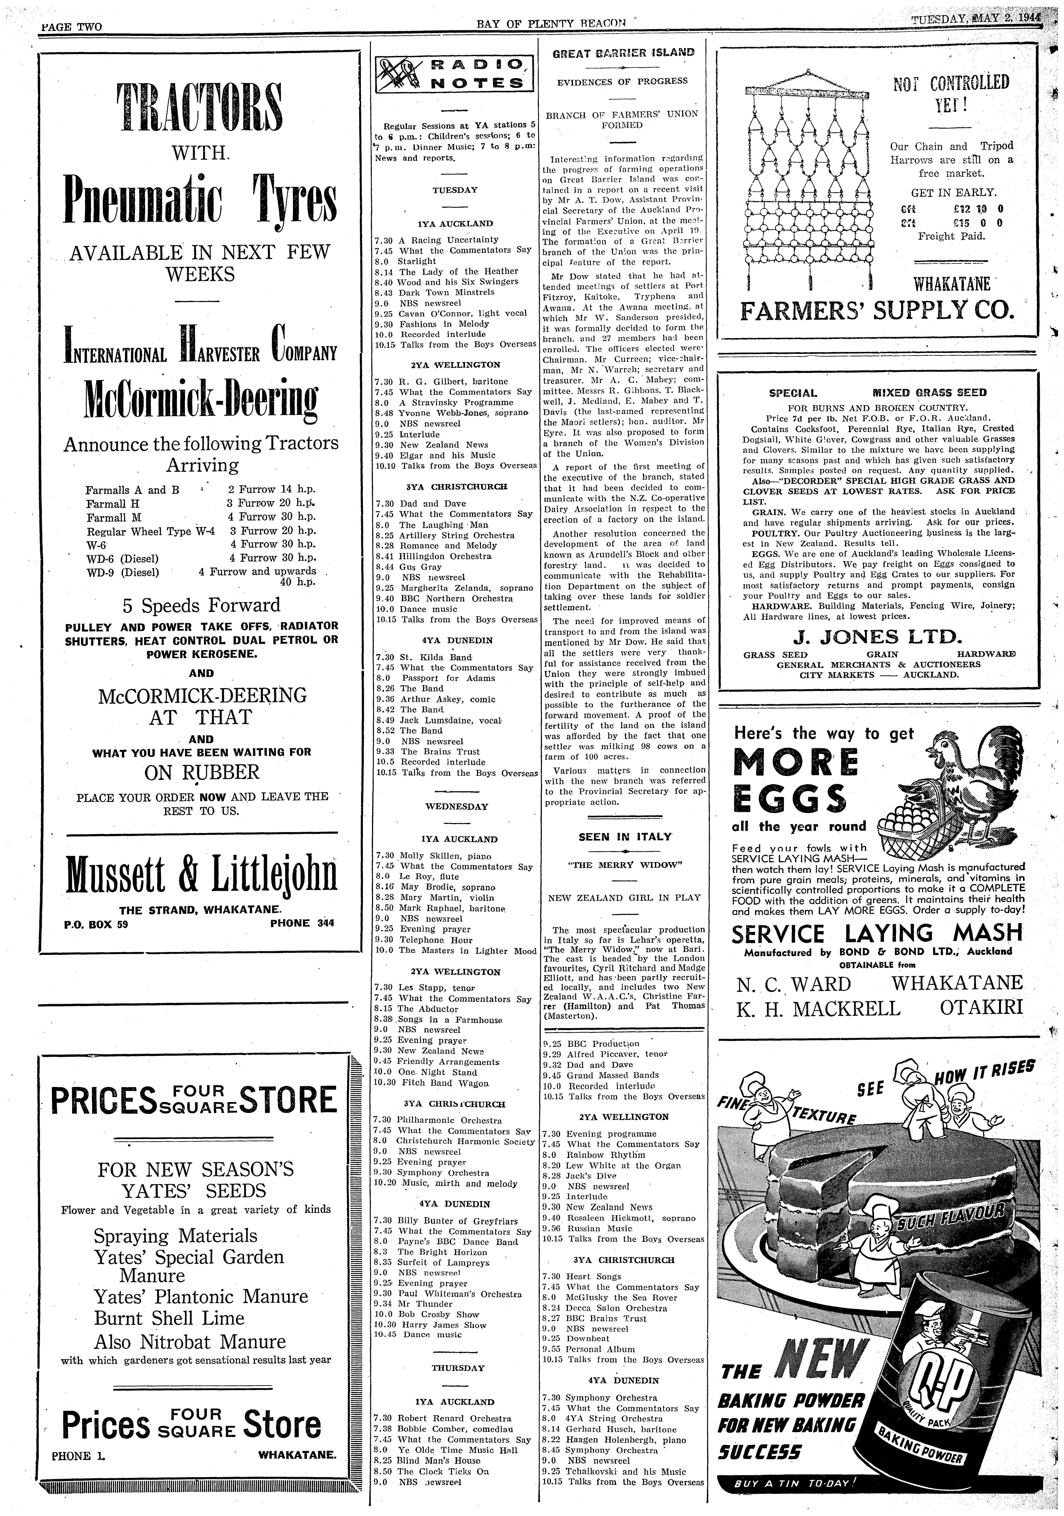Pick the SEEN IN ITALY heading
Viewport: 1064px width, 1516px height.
pos(624,837)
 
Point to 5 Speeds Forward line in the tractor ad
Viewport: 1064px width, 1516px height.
pos(201,605)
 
